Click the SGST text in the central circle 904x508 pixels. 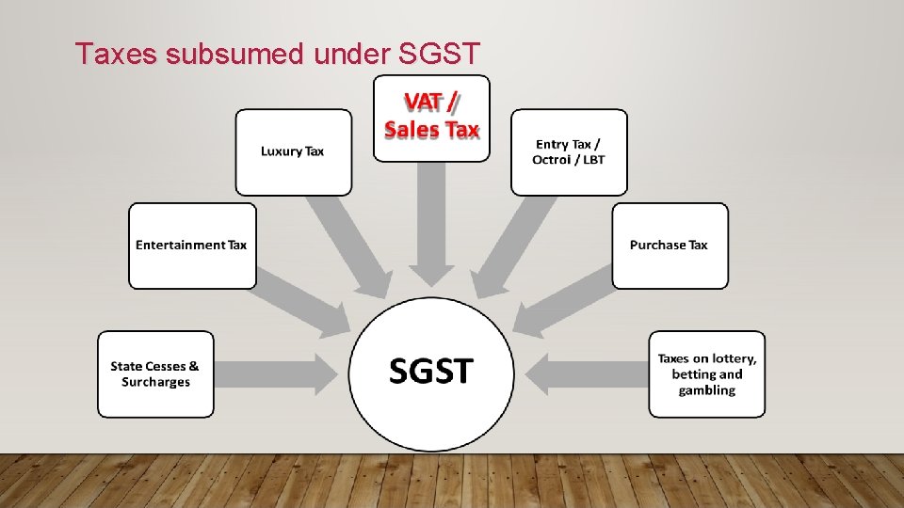coord(432,371)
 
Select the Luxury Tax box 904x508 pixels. coord(293,151)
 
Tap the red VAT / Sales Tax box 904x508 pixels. coord(431,119)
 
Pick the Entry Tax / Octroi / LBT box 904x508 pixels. coord(569,151)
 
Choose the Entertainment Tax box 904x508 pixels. coord(192,246)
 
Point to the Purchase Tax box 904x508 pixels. coord(670,246)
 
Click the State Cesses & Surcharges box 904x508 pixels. coord(155,374)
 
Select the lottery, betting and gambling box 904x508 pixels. coord(706,374)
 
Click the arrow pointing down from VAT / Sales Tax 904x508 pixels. coord(431,226)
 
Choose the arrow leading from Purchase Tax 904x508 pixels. coord(565,299)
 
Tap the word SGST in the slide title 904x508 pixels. coord(440,55)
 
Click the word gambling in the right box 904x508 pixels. coord(706,390)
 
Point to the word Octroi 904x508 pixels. coord(552,160)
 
